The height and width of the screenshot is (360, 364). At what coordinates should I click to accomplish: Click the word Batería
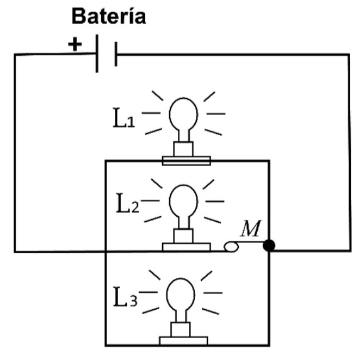(x=109, y=16)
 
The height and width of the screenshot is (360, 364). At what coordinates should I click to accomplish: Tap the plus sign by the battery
(x=75, y=44)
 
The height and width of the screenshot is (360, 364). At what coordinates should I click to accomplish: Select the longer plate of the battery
(x=97, y=53)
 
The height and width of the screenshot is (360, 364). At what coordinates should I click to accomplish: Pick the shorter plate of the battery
(x=116, y=54)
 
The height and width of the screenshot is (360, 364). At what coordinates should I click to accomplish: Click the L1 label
(x=124, y=117)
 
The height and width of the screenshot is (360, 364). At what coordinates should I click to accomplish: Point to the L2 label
(x=128, y=203)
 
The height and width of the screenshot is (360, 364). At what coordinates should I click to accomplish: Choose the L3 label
(x=125, y=297)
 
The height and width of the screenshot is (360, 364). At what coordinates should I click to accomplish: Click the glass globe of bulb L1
(x=184, y=114)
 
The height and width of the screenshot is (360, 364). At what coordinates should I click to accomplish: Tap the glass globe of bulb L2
(x=184, y=200)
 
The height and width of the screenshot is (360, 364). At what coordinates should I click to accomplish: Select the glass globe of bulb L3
(x=180, y=294)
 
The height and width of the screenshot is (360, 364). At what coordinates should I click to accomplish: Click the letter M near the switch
(x=251, y=228)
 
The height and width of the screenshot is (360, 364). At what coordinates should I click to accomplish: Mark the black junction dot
(x=269, y=246)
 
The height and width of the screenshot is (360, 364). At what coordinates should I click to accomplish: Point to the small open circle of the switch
(x=231, y=246)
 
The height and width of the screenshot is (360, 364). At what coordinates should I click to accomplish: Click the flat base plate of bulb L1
(x=187, y=161)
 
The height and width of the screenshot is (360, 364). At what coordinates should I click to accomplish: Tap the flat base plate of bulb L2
(x=187, y=247)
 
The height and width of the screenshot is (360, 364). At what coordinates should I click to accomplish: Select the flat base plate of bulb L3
(x=184, y=341)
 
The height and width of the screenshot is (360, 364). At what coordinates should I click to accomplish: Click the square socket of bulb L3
(x=180, y=329)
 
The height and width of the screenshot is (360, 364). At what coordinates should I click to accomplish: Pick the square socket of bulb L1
(x=184, y=149)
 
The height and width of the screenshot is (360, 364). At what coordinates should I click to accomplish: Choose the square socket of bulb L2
(x=184, y=236)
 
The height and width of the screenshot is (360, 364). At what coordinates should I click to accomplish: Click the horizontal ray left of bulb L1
(x=151, y=113)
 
